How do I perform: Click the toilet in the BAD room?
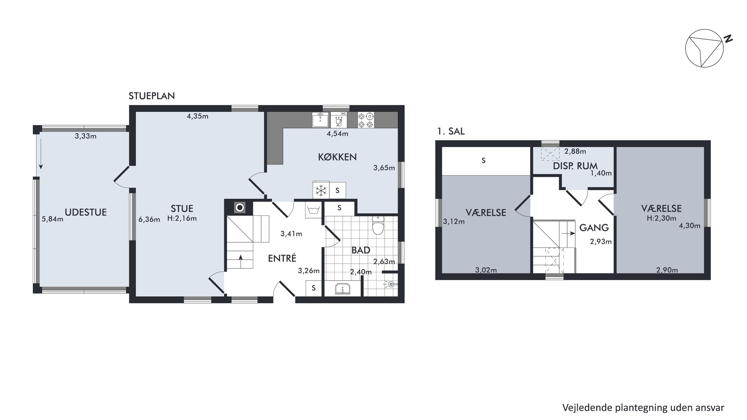tap(378, 225)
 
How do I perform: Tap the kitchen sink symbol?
tap(320, 120)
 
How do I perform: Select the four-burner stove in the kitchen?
tap(366, 120)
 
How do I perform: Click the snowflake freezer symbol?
tap(321, 190)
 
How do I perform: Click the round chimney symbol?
tap(240, 208)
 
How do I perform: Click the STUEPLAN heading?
tap(152, 96)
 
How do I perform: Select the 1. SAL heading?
tap(451, 132)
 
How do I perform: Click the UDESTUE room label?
tap(86, 212)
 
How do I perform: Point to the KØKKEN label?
tap(337, 157)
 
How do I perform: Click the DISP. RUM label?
tap(575, 166)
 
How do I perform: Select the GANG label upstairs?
tap(594, 228)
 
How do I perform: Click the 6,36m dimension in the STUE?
tap(149, 219)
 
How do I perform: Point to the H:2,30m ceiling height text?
tap(661, 218)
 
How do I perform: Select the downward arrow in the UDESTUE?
tap(41, 154)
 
